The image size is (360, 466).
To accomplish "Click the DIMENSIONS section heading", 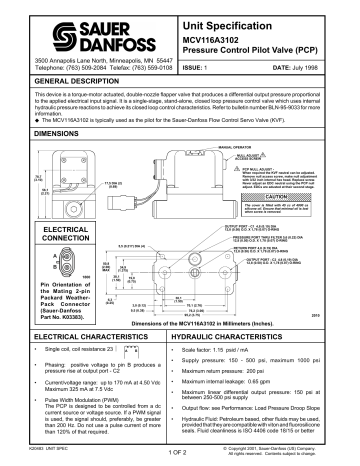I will (x=41, y=131).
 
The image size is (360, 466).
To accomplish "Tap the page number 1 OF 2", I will (x=180, y=454).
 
